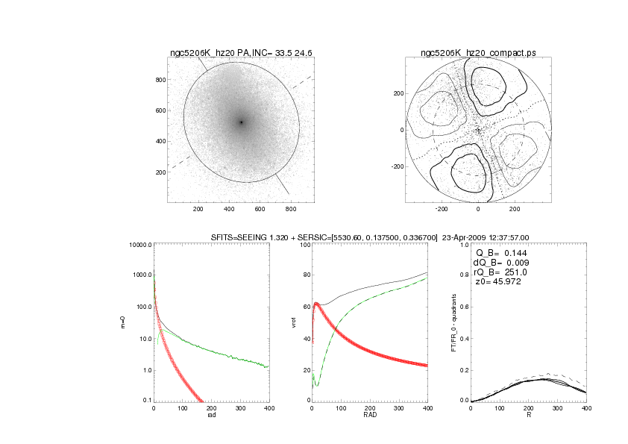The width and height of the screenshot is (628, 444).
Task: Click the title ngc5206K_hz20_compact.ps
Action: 478,52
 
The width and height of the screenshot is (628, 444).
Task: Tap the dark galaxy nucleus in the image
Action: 241,122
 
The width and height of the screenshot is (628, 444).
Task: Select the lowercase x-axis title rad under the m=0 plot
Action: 211,416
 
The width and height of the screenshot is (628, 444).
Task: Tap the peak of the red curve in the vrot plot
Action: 316,303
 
